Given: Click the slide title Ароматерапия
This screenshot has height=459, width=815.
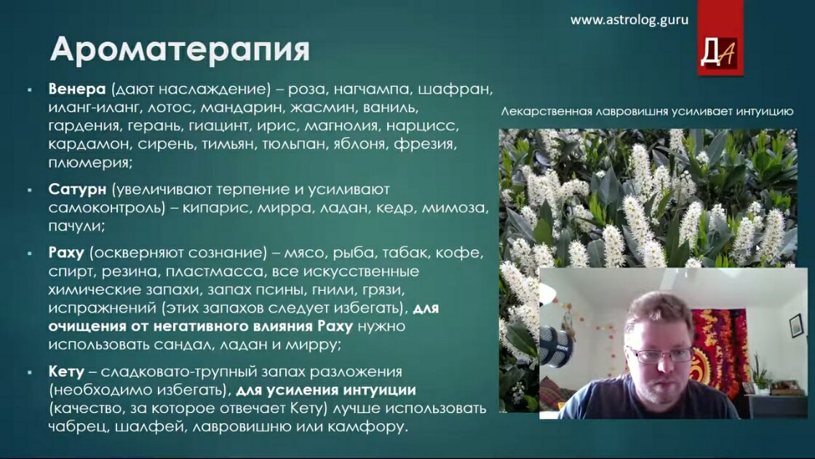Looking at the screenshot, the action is [180, 50].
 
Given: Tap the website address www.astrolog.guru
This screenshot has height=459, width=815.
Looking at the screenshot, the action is [629, 20].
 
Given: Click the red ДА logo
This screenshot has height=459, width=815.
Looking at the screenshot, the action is [720, 52].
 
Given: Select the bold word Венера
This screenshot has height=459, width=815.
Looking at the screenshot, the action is [77, 89].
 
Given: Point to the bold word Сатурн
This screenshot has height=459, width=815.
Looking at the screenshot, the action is [77, 189].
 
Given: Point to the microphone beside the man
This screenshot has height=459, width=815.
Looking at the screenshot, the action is [555, 345].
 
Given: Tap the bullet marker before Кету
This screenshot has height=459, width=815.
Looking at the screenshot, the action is [30, 372].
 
